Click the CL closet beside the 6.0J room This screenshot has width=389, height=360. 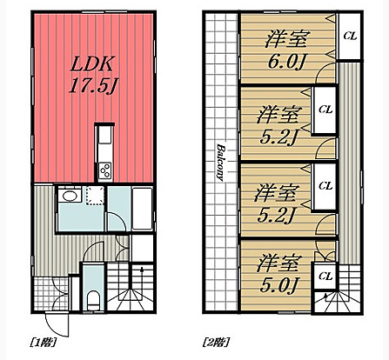pyautogui.click(x=349, y=36)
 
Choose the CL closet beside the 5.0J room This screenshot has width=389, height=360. pyautogui.click(x=325, y=276)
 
